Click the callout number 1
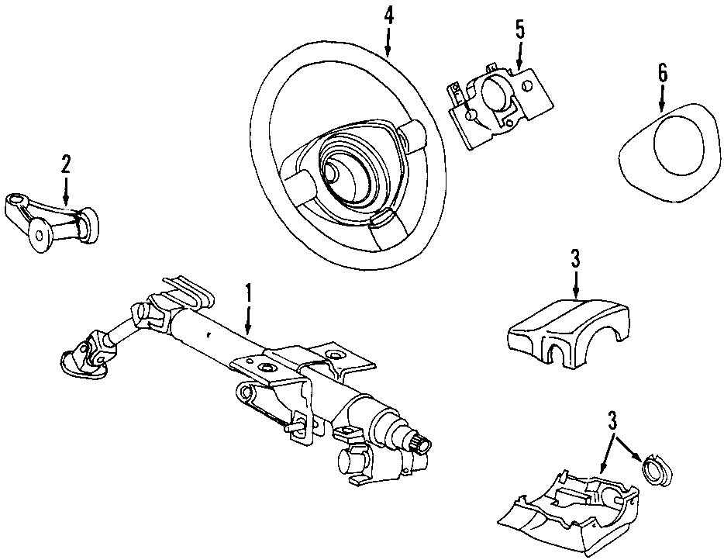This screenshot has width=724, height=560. click(x=248, y=293)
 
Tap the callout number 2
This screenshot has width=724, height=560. click(x=66, y=164)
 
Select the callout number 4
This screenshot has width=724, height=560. click(x=388, y=17)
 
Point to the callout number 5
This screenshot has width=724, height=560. click(x=520, y=29)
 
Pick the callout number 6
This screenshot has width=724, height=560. click(x=662, y=73)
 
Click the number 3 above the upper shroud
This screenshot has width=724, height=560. click(x=575, y=259)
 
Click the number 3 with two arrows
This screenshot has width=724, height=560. click(x=612, y=420)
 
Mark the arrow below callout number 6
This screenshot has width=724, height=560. click(x=662, y=98)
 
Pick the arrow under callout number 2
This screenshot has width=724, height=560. click(x=66, y=189)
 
